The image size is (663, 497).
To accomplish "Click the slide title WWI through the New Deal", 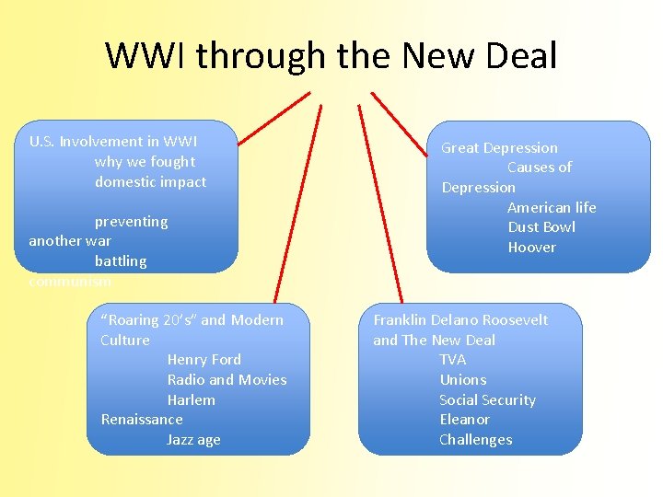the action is pyautogui.click(x=331, y=56).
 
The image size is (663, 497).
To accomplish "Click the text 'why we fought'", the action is pyautogui.click(x=145, y=162).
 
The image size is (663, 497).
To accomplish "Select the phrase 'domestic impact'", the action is pyautogui.click(x=150, y=182).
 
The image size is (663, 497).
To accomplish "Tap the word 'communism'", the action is pyautogui.click(x=70, y=282).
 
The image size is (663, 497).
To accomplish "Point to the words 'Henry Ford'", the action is pyautogui.click(x=204, y=360).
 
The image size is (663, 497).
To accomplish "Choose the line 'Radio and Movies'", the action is pyautogui.click(x=227, y=380).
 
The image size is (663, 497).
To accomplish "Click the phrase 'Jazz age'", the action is pyautogui.click(x=193, y=440).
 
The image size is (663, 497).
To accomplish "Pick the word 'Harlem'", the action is pyautogui.click(x=191, y=400).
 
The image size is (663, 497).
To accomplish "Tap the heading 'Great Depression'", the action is pyautogui.click(x=499, y=148).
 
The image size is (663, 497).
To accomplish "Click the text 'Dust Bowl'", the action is pyautogui.click(x=541, y=227).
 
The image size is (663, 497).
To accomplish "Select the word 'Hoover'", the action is pyautogui.click(x=531, y=248).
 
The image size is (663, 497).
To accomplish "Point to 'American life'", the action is pyautogui.click(x=552, y=208).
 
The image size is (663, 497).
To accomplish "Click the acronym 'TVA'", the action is pyautogui.click(x=452, y=360).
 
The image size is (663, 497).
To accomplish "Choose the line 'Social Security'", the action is pyautogui.click(x=487, y=400).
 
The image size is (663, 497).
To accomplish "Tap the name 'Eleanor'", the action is pyautogui.click(x=464, y=420).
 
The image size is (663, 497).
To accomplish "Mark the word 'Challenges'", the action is pyautogui.click(x=475, y=440).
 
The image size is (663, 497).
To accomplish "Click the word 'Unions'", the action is pyautogui.click(x=462, y=380).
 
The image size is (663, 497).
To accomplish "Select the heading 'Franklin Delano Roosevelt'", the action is pyautogui.click(x=460, y=320).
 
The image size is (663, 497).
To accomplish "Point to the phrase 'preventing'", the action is pyautogui.click(x=131, y=222).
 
